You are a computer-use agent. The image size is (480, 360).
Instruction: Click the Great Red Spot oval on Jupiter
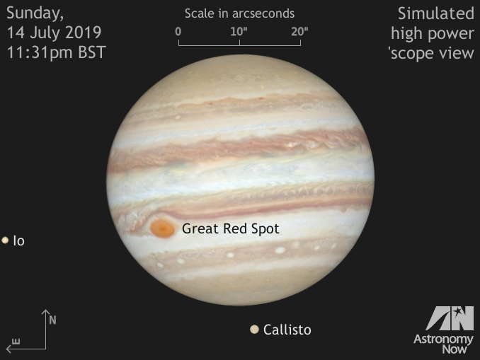[x=162, y=228]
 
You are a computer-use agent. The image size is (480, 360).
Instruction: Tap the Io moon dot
[x=5, y=240]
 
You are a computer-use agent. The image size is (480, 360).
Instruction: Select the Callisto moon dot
[x=254, y=329]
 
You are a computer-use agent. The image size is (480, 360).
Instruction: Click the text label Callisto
[x=287, y=330]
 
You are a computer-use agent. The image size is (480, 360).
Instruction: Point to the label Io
[x=18, y=241]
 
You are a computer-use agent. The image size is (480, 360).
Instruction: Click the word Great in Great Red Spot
[x=201, y=228]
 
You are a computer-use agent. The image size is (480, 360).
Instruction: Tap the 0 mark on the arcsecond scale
[x=178, y=32]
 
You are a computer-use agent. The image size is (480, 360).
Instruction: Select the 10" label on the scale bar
[x=239, y=31]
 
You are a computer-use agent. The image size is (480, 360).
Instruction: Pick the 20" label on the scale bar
[x=299, y=31]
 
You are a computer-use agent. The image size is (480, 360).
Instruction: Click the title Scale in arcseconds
[x=239, y=13]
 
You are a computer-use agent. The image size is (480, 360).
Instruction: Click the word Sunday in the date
[x=35, y=13]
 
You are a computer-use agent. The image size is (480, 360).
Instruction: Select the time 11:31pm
[x=40, y=52]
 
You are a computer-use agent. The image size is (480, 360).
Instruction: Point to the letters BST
[x=92, y=52]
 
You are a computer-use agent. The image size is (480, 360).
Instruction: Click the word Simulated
[x=436, y=13]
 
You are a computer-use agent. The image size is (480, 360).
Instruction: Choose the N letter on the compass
[x=52, y=320]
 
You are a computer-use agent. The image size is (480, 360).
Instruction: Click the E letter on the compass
[x=16, y=342]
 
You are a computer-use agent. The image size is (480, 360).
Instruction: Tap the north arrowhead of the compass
[x=45, y=312]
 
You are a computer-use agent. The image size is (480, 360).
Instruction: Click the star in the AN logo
[x=458, y=312]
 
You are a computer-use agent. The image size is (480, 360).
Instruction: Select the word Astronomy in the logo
[x=443, y=339]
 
